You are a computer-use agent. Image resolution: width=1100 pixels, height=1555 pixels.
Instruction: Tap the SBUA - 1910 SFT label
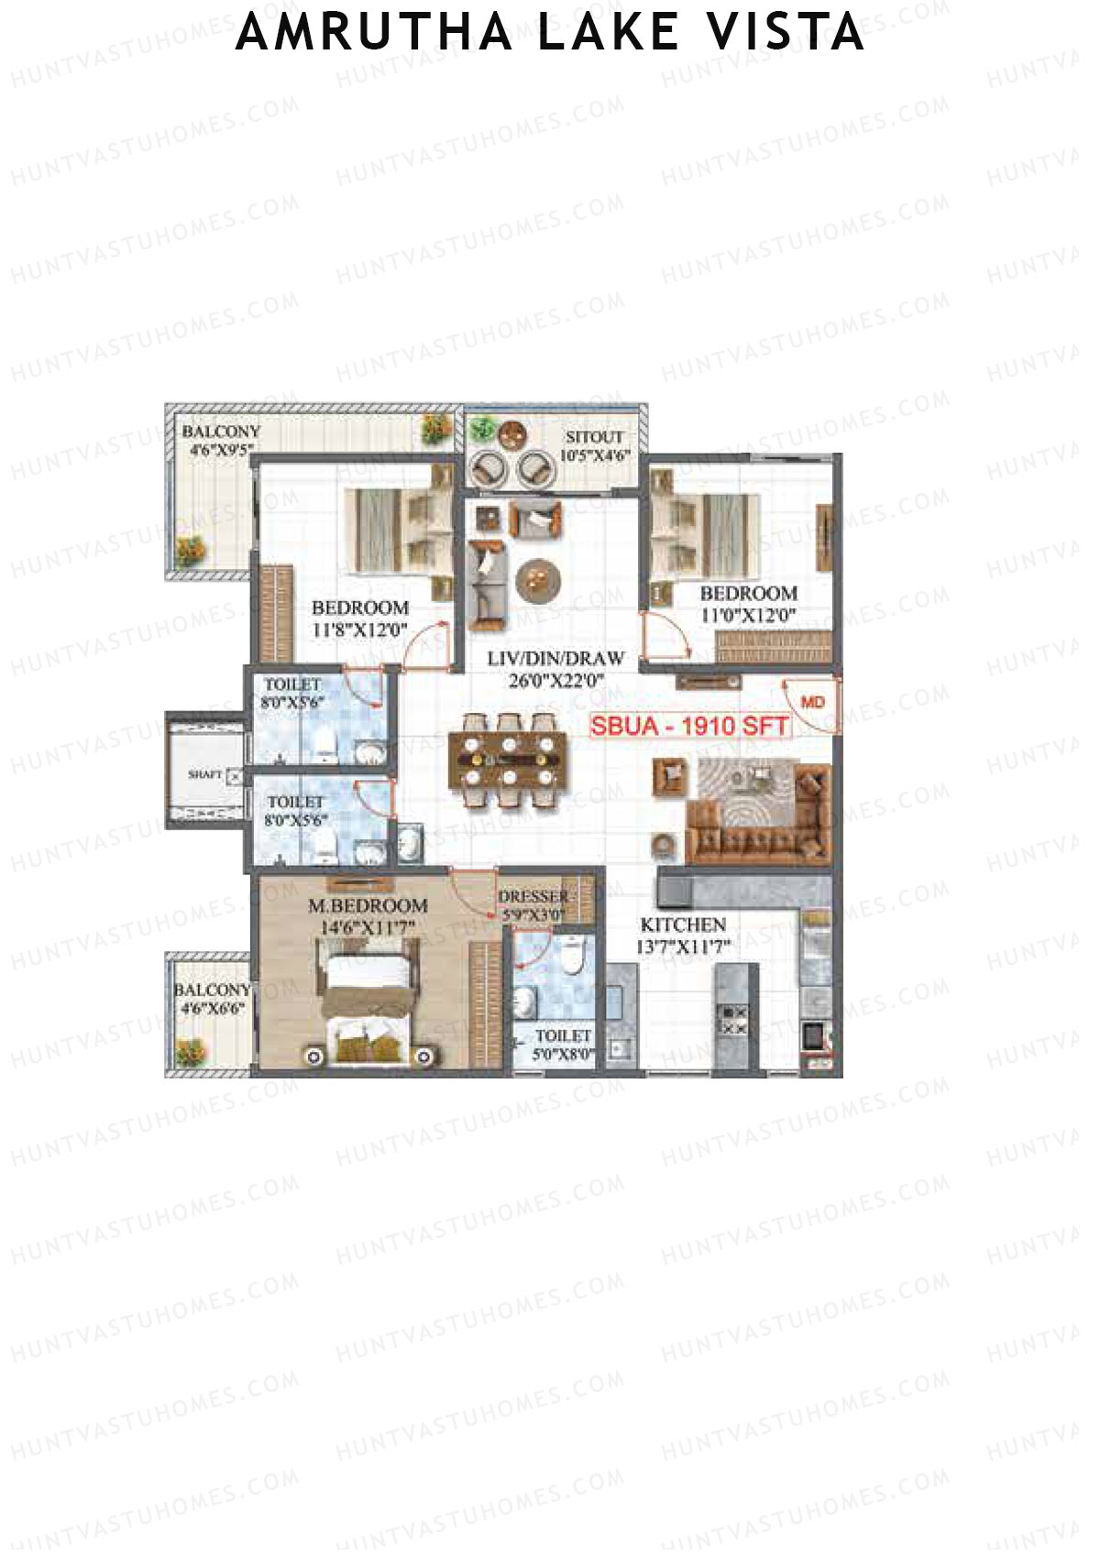(688, 726)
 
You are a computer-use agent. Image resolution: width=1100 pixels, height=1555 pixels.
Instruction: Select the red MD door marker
(812, 702)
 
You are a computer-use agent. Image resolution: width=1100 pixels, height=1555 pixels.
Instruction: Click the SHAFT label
(204, 774)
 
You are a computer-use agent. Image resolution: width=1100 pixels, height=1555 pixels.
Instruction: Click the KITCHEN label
(683, 925)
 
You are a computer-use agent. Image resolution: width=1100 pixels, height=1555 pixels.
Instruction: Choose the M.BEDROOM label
(368, 905)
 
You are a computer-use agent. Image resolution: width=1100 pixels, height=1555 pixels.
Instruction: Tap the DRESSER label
(533, 896)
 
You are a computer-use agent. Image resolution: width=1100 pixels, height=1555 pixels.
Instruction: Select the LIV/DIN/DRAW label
(555, 658)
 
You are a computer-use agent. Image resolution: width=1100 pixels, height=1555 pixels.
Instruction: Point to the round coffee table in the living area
(538, 578)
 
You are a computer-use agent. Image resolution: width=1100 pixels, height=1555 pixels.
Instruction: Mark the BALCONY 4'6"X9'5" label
(221, 439)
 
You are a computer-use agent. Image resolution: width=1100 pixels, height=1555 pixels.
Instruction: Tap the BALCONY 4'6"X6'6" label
(212, 999)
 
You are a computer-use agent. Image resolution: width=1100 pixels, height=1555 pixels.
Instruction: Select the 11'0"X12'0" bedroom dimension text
(748, 615)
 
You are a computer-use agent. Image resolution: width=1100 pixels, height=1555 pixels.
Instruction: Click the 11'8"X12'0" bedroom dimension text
(359, 630)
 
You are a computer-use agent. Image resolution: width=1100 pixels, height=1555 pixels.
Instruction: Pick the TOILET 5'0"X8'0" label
(562, 1045)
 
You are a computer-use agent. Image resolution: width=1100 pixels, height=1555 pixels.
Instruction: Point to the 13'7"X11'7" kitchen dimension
(683, 947)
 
